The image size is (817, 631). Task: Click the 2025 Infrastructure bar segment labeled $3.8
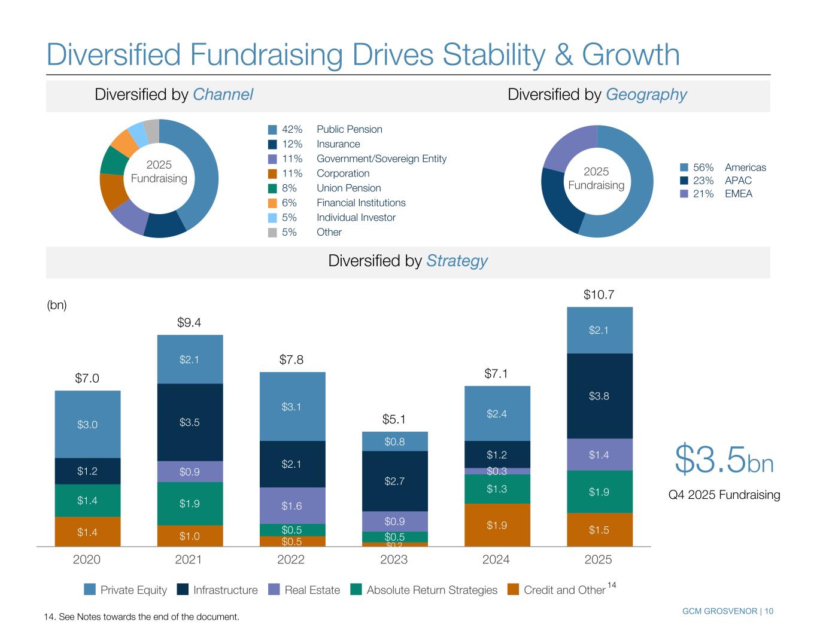(599, 396)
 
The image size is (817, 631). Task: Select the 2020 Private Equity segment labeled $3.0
(87, 425)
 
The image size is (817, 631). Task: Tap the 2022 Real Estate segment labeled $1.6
(292, 506)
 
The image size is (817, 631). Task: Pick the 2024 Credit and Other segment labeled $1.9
(497, 525)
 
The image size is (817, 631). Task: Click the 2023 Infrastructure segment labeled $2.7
(394, 481)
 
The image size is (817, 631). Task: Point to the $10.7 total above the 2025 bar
(599, 295)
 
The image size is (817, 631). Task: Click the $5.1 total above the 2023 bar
(394, 419)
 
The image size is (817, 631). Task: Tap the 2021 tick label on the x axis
(189, 560)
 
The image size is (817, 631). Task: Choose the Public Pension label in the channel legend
(349, 129)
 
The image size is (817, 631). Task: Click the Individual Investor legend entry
(356, 218)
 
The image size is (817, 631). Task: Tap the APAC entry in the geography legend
(737, 181)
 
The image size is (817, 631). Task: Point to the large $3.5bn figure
(724, 461)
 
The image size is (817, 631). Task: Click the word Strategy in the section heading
(457, 261)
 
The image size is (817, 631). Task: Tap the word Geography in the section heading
(646, 95)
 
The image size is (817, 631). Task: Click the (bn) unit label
(57, 305)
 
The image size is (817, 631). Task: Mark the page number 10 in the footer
(768, 611)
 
